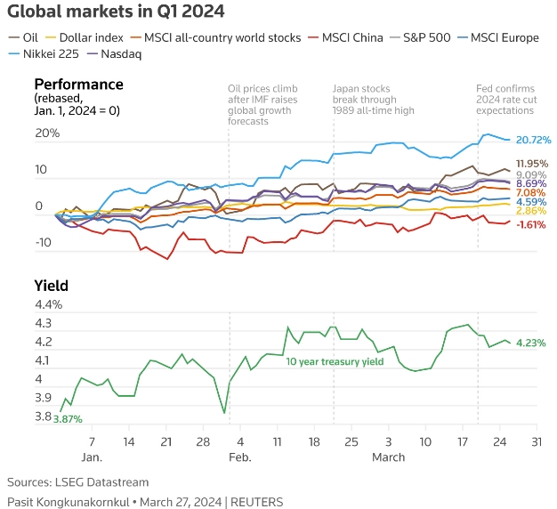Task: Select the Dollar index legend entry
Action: pos(89,37)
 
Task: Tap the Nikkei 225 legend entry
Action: pos(52,54)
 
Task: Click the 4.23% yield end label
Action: pos(529,343)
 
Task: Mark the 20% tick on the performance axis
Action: pos(47,133)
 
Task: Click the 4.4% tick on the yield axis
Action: pos(46,305)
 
